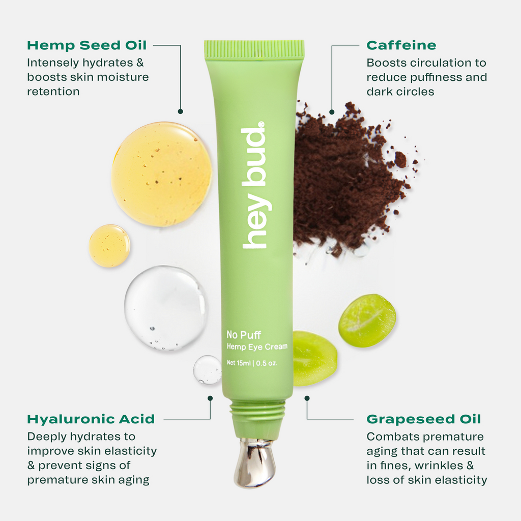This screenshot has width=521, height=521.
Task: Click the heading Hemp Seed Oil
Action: coord(86,45)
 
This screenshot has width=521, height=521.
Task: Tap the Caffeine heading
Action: coord(401,45)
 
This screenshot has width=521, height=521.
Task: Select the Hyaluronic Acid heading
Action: coord(91,419)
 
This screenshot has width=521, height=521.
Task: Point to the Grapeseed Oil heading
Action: coord(423,419)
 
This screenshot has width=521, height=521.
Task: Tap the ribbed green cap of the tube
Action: coord(254,48)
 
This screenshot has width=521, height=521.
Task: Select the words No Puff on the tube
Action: coord(244,335)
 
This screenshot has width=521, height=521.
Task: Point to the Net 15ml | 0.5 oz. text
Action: coord(252,363)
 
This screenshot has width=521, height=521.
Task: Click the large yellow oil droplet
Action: coord(161,174)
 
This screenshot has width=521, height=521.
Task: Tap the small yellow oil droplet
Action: coord(109,246)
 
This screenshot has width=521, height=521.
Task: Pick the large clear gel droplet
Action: coord(166,308)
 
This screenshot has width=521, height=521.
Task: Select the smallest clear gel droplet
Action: coord(207,369)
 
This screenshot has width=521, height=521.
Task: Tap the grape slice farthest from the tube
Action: coord(367,321)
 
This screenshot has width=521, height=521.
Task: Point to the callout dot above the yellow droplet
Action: coord(180,111)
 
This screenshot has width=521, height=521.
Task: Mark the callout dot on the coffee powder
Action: coord(332,111)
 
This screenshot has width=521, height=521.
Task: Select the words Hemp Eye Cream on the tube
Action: coord(257,347)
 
